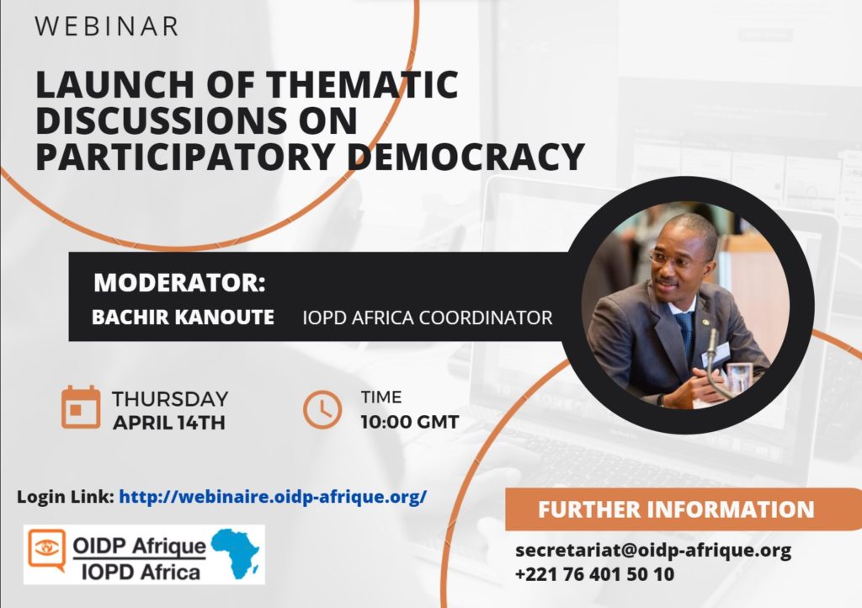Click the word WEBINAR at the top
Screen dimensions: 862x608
[107, 26]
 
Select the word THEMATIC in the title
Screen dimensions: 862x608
[362, 84]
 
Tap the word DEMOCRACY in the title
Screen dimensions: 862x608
[466, 156]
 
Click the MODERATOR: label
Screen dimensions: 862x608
[180, 282]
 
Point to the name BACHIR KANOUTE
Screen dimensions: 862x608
[183, 317]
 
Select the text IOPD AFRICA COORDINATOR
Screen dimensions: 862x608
[427, 317]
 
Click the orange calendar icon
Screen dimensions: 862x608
[81, 407]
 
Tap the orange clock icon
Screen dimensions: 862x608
[322, 409]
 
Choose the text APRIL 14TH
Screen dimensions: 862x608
[168, 423]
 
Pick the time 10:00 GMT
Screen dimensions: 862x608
[410, 422]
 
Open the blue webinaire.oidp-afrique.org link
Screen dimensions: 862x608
[273, 496]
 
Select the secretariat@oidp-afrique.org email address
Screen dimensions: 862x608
[653, 550]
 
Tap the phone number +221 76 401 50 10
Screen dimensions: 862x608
[594, 574]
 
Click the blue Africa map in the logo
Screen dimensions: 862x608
[237, 552]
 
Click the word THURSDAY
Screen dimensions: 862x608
[170, 399]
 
